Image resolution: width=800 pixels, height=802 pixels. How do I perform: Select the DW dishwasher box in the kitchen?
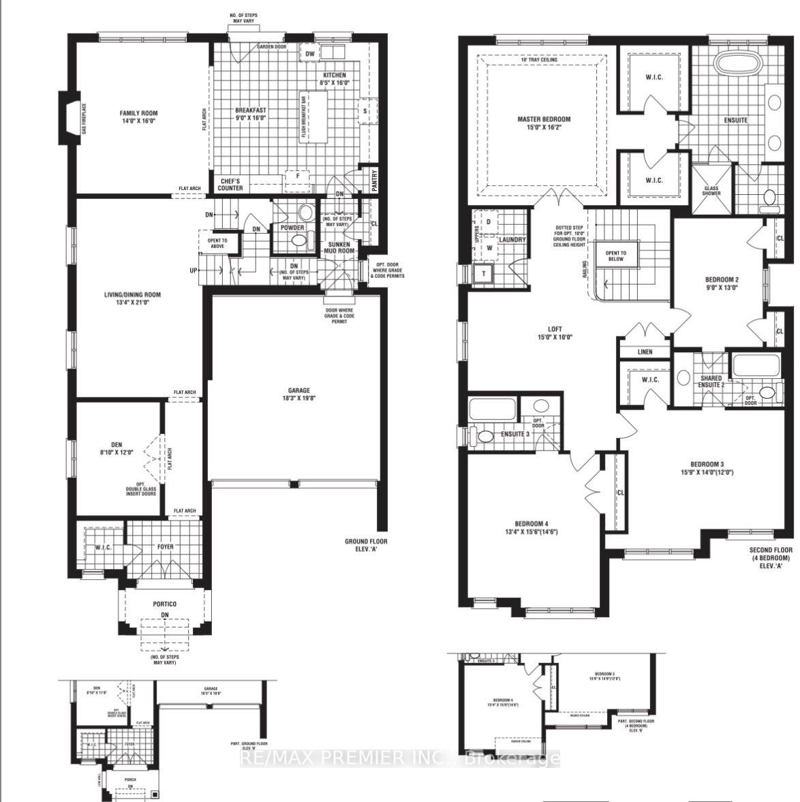pyautogui.click(x=309, y=54)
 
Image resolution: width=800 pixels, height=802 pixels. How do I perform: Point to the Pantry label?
pyautogui.click(x=374, y=181)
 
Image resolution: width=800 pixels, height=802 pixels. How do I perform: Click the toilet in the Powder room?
pyautogui.click(x=298, y=242)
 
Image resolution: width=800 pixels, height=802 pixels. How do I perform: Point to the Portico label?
pyautogui.click(x=164, y=604)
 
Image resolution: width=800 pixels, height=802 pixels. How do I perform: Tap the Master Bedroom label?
pyautogui.click(x=543, y=119)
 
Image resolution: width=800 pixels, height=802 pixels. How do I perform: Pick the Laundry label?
pyautogui.click(x=512, y=239)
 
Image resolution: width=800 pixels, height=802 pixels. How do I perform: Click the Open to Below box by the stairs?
pyautogui.click(x=615, y=256)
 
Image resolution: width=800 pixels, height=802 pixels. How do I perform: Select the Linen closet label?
pyautogui.click(x=645, y=352)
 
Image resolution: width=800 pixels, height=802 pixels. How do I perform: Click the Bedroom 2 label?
pyautogui.click(x=722, y=279)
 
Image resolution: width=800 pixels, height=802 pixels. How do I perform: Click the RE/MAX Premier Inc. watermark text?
pyautogui.click(x=401, y=758)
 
